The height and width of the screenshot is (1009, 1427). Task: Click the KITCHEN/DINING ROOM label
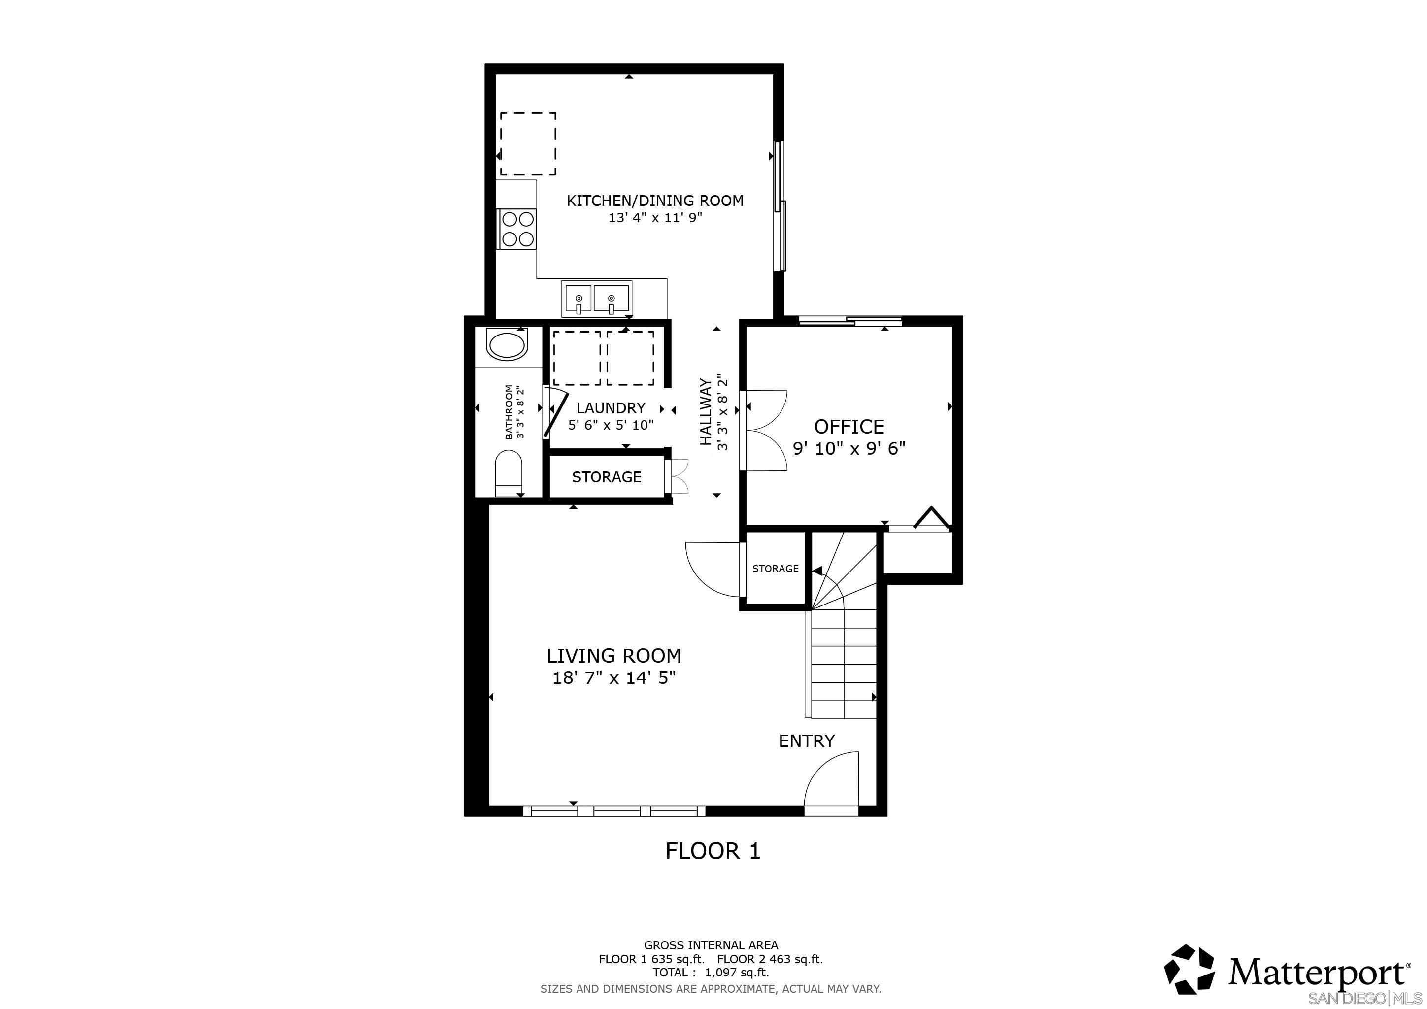coord(655,201)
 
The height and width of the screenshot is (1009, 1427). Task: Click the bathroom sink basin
coord(507,346)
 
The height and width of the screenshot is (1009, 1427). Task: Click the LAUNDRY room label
coord(611,408)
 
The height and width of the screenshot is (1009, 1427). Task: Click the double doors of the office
coord(766,430)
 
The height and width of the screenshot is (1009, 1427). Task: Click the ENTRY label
coord(806,740)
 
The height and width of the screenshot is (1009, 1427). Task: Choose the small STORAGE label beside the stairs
coord(775,569)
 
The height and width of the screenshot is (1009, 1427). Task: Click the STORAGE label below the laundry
coord(607,477)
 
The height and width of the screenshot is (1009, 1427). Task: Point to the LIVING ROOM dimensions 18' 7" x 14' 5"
coord(613,677)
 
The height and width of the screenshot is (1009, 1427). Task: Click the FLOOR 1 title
coord(713,851)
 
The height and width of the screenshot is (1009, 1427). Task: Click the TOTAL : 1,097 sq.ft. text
coord(711,973)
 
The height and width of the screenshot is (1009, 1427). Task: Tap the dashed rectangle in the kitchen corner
coord(528,144)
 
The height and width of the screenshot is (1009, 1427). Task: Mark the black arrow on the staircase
coord(816,571)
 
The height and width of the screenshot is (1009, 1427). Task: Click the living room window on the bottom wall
coord(614,811)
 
